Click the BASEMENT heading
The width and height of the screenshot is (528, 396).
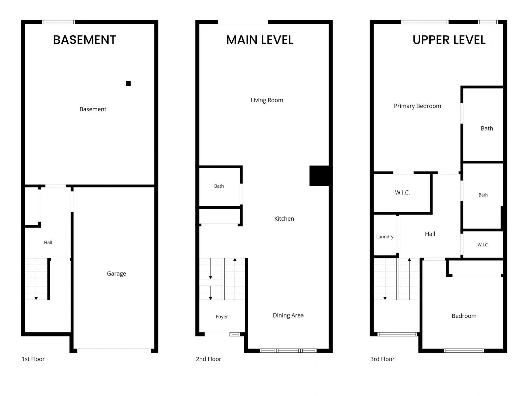[84, 40]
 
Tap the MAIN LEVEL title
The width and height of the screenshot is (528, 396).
[260, 40]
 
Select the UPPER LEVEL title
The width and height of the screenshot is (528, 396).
[448, 40]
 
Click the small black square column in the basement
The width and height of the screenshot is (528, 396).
[128, 83]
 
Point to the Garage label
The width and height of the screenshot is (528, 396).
[116, 274]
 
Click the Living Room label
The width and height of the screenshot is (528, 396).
[267, 100]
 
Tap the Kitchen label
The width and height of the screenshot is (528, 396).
[284, 218]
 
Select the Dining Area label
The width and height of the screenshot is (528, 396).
[288, 315]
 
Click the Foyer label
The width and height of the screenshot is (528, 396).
[221, 317]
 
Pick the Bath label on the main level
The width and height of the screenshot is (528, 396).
[219, 186]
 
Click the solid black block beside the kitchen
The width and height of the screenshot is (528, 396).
[319, 176]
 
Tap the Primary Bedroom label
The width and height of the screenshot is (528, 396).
[417, 106]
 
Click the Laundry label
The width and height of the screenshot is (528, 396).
[385, 237]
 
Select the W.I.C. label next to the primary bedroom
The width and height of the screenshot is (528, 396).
[402, 192]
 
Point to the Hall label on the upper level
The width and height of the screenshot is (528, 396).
[430, 234]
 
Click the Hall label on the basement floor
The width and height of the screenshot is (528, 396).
[48, 242]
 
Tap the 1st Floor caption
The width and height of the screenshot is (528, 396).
[33, 359]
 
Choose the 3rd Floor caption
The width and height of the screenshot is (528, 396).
[382, 359]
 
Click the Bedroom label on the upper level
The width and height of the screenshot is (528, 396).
[464, 316]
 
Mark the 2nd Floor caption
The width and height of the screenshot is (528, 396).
[208, 359]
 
